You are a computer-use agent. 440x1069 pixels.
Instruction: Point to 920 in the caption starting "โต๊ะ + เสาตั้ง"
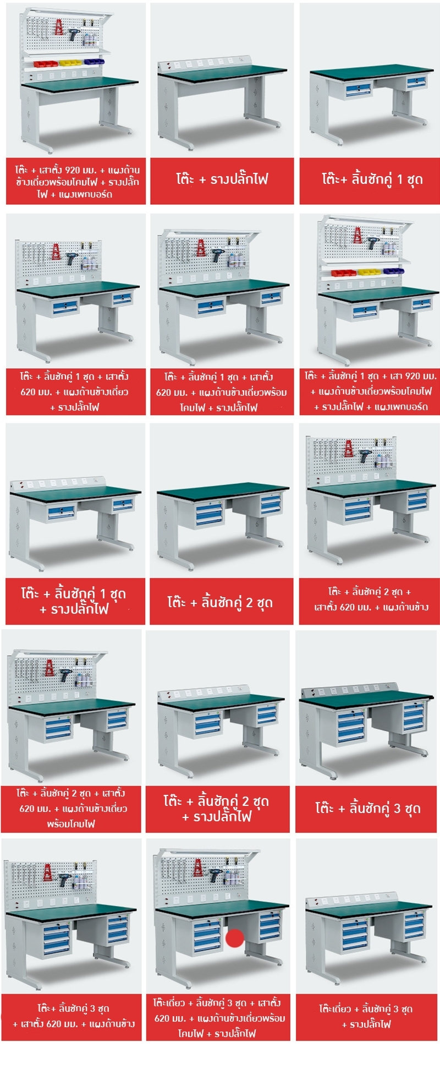[74, 170]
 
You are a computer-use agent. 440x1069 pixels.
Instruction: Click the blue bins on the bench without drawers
[93, 61]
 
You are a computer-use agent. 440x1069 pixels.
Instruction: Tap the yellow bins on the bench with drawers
[368, 272]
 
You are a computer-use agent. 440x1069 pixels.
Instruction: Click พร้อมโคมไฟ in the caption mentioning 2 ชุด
[71, 823]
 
